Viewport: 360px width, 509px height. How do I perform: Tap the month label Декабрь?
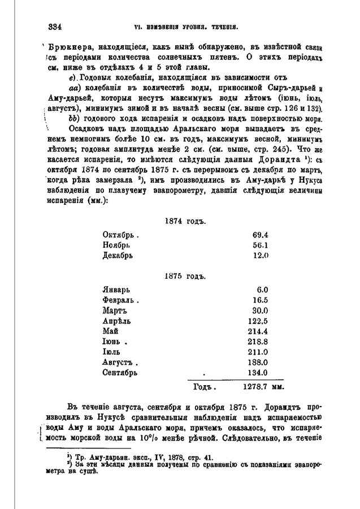coord(118,256)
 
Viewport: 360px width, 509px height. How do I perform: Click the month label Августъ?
coord(119,364)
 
